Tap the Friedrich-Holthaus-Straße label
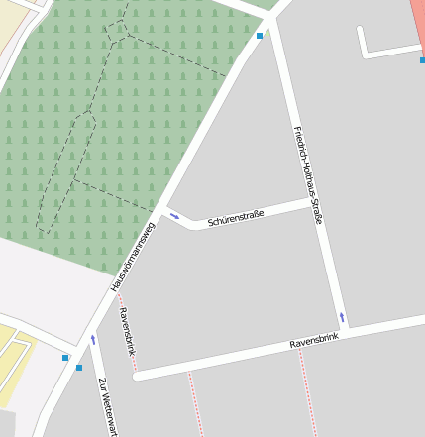pyautogui.click(x=308, y=174)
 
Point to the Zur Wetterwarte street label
pyautogui.click(x=107, y=406)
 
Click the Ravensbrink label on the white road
pyautogui.click(x=314, y=341)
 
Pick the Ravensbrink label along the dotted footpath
pyautogui.click(x=126, y=331)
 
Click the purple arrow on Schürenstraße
pyautogui.click(x=175, y=215)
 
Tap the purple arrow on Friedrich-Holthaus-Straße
pyautogui.click(x=343, y=317)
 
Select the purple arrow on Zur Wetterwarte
pyautogui.click(x=94, y=339)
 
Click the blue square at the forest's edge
pyautogui.click(x=260, y=36)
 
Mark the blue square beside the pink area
pyautogui.click(x=421, y=59)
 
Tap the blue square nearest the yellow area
pyautogui.click(x=65, y=357)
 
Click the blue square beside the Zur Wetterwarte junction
pyautogui.click(x=79, y=368)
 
